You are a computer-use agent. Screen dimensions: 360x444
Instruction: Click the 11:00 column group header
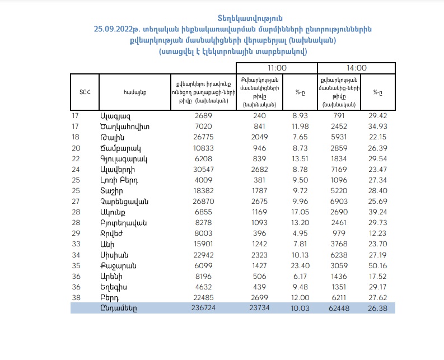pos(277,67)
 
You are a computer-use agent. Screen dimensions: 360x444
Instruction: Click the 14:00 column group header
pos(356,67)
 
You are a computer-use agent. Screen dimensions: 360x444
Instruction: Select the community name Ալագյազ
pos(115,116)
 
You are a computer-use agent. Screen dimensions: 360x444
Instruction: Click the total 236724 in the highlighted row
pos(201,308)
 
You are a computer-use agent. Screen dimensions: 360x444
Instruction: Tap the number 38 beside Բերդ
pos(76,297)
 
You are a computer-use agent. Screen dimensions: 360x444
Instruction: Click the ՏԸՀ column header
pos(85,92)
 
